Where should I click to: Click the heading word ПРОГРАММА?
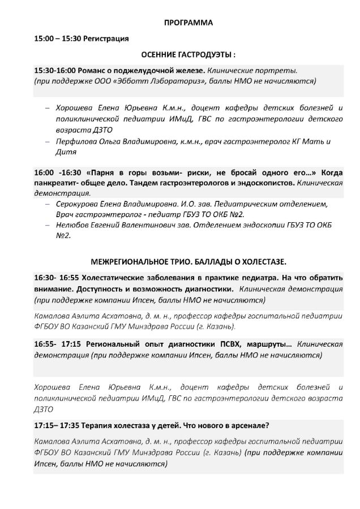[x=188, y=23]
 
